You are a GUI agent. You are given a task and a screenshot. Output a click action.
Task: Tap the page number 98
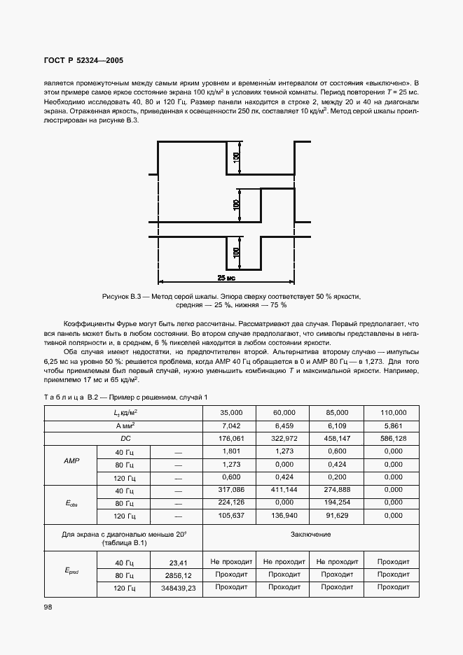click(48, 607)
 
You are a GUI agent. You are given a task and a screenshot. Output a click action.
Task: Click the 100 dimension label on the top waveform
click(237, 158)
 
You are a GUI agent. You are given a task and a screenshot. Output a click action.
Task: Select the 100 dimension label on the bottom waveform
click(237, 252)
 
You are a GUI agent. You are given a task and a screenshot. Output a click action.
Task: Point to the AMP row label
click(71, 463)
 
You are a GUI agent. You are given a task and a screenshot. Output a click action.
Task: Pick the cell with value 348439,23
click(177, 587)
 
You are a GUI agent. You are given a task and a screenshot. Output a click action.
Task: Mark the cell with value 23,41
click(177, 561)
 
